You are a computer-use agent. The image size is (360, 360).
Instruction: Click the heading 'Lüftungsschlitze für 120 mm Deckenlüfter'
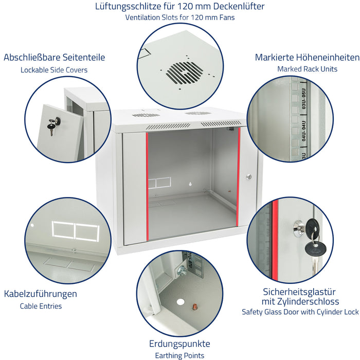180,6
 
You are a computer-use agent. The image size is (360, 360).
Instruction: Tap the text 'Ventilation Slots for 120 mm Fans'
180,17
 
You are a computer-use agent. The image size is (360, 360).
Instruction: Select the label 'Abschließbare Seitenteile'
54,58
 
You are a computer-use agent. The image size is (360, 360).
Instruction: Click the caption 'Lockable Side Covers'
54,70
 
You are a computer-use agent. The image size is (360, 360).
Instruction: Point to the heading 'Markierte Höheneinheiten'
307,58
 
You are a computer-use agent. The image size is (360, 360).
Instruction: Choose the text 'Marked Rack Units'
307,69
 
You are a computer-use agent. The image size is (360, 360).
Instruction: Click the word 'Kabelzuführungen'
41,294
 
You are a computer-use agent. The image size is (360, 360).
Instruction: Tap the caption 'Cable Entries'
41,306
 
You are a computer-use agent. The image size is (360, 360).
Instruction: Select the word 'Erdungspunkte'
179,344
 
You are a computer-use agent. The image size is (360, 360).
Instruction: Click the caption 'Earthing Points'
179,356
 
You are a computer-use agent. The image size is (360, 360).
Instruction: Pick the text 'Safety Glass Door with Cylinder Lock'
300,312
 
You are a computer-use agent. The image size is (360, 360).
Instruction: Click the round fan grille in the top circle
184,73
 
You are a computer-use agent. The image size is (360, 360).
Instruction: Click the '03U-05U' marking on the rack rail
303,99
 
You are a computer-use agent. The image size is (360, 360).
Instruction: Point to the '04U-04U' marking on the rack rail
303,131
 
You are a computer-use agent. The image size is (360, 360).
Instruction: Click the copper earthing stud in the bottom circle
194,307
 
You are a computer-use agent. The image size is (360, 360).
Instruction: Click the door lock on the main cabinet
248,176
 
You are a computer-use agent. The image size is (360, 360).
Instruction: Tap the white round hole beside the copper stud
181,302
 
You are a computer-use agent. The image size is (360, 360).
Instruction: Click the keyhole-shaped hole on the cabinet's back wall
190,184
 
